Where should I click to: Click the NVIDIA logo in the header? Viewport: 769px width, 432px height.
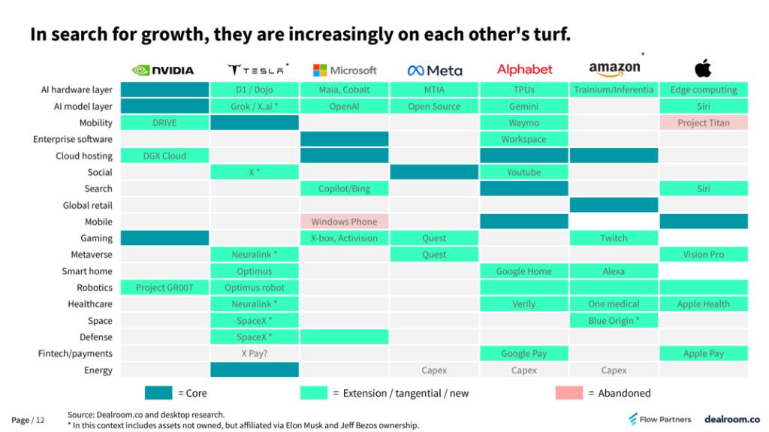pyautogui.click(x=164, y=70)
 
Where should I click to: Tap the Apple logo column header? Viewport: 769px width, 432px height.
pyautogui.click(x=703, y=70)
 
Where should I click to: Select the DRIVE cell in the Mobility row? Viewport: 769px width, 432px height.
pyautogui.click(x=164, y=122)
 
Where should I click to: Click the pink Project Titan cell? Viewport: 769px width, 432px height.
pyautogui.click(x=703, y=122)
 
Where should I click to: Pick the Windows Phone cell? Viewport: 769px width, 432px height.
pyautogui.click(x=344, y=222)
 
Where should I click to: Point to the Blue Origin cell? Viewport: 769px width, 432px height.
pyautogui.click(x=614, y=321)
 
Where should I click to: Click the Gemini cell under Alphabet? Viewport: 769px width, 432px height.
pyautogui.click(x=523, y=106)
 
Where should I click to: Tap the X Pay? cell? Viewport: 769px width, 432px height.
pyautogui.click(x=255, y=354)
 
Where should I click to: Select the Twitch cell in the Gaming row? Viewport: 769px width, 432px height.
pyautogui.click(x=614, y=238)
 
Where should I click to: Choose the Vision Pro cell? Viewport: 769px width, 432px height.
pyautogui.click(x=703, y=255)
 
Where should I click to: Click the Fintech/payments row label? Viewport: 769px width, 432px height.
pyautogui.click(x=76, y=354)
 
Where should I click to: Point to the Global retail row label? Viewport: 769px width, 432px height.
pyautogui.click(x=87, y=205)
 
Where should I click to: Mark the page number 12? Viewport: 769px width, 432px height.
pyautogui.click(x=41, y=420)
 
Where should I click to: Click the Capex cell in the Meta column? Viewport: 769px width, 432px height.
pyautogui.click(x=434, y=370)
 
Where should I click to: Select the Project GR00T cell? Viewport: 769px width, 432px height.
pyautogui.click(x=164, y=288)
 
